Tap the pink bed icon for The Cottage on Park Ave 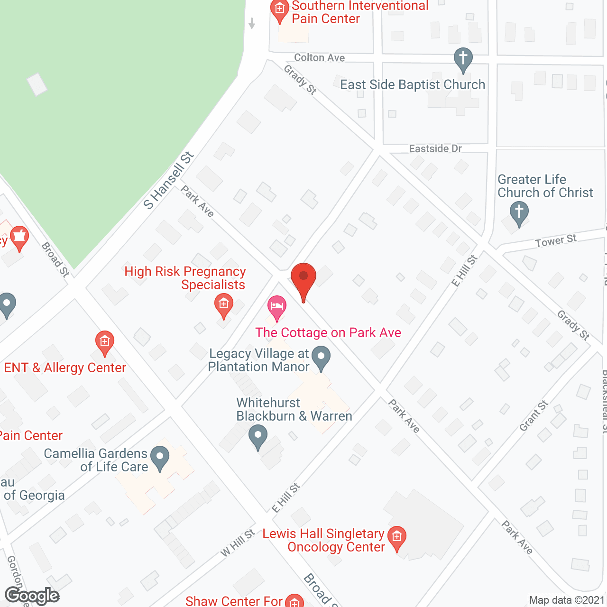pos(276,306)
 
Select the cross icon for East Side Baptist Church pos(463,59)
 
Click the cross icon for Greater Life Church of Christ pos(519,212)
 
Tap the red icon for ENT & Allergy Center pos(104,341)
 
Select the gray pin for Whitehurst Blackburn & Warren pos(258,435)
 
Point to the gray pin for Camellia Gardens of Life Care pos(160,458)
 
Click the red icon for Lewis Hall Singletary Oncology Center pos(397,537)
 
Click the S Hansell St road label pos(169,180)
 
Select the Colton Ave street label pos(319,58)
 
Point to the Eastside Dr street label pos(435,149)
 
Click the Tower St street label pos(556,241)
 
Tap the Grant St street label pos(533,416)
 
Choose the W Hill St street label pos(238,543)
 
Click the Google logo pos(32,596)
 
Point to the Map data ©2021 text pos(567,600)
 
